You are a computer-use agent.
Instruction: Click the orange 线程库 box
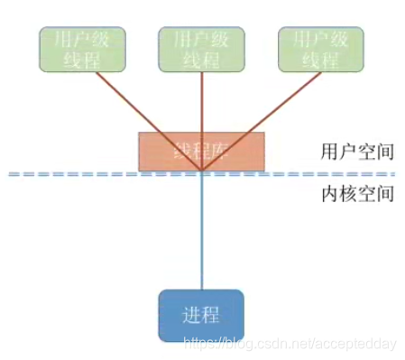point(201,151)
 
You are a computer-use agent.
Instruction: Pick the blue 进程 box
point(201,316)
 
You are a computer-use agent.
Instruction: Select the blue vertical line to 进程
point(201,235)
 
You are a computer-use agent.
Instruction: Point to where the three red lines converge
point(201,171)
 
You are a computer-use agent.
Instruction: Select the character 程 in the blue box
point(213,316)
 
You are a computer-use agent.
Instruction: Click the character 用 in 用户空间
point(328,151)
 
